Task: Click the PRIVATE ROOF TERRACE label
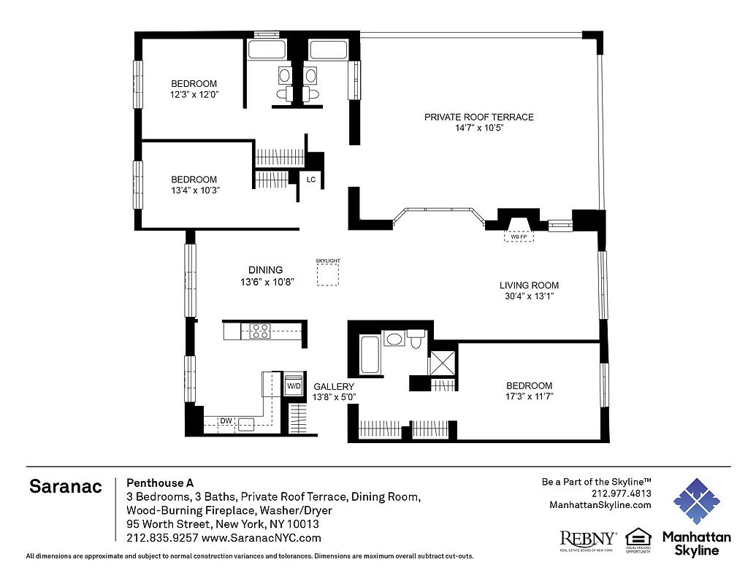[x=479, y=117]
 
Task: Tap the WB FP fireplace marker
[x=519, y=237]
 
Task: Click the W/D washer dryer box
[x=294, y=385]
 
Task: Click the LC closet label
[x=310, y=180]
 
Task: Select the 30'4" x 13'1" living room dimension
[x=529, y=296]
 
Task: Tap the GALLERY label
[x=334, y=387]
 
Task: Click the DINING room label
[x=265, y=270]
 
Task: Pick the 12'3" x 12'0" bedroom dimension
[x=194, y=94]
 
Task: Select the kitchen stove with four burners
[x=260, y=331]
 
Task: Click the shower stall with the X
[x=441, y=363]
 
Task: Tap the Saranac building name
[x=66, y=486]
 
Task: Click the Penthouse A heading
[x=160, y=483]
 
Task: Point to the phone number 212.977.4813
[x=622, y=493]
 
